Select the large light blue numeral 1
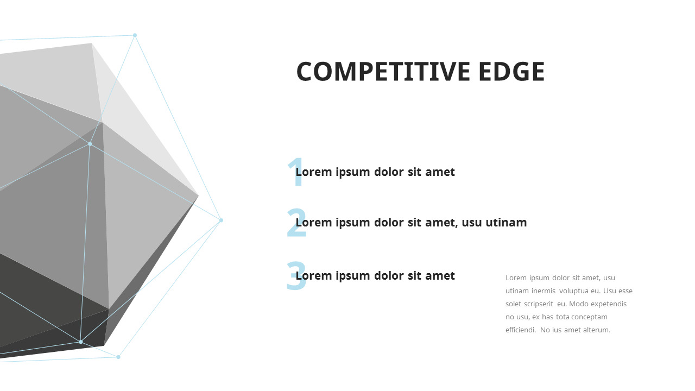point(296,173)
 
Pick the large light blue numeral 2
point(296,223)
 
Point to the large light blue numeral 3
point(296,276)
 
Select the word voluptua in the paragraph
point(574,291)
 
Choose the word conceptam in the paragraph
point(589,317)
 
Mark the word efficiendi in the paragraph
point(520,330)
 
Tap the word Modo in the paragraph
point(579,304)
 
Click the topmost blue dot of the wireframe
point(135,35)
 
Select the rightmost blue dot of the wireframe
point(221,220)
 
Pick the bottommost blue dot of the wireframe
point(118,357)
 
